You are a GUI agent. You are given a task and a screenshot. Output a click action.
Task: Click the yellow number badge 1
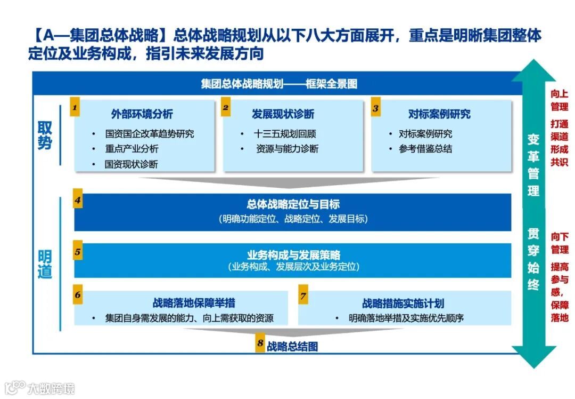tap(76, 108)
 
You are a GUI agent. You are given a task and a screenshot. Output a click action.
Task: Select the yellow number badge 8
tap(260, 344)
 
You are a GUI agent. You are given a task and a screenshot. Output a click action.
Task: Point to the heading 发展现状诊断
tap(283, 114)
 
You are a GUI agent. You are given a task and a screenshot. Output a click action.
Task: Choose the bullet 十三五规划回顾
tap(285, 134)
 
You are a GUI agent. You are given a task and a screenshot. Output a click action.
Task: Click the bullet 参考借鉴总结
tap(425, 149)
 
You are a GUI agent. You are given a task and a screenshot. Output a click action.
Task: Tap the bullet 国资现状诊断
tap(131, 164)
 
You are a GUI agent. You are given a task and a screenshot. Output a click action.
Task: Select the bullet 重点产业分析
tap(131, 149)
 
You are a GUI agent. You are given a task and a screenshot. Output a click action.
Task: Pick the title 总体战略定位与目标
tap(293, 204)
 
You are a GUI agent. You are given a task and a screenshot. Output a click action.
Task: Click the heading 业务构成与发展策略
tap(293, 254)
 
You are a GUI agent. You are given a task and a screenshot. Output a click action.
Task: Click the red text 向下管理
tap(559, 242)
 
